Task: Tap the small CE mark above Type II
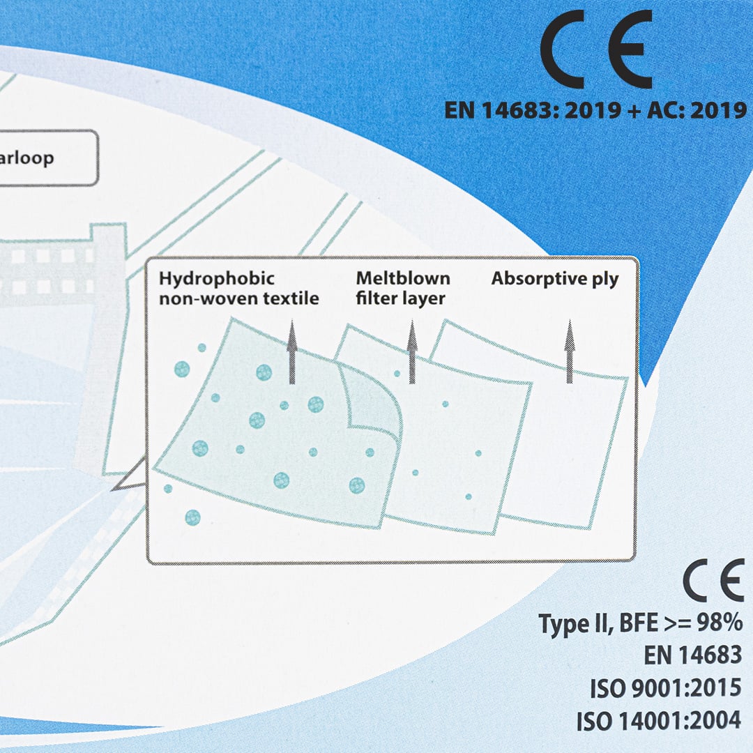click(x=713, y=581)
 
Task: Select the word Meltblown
click(x=403, y=278)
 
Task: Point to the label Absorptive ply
click(x=554, y=279)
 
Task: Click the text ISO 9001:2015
click(x=665, y=689)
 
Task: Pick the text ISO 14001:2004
click(x=659, y=721)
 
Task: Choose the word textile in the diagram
click(x=289, y=299)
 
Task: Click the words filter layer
click(x=400, y=299)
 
